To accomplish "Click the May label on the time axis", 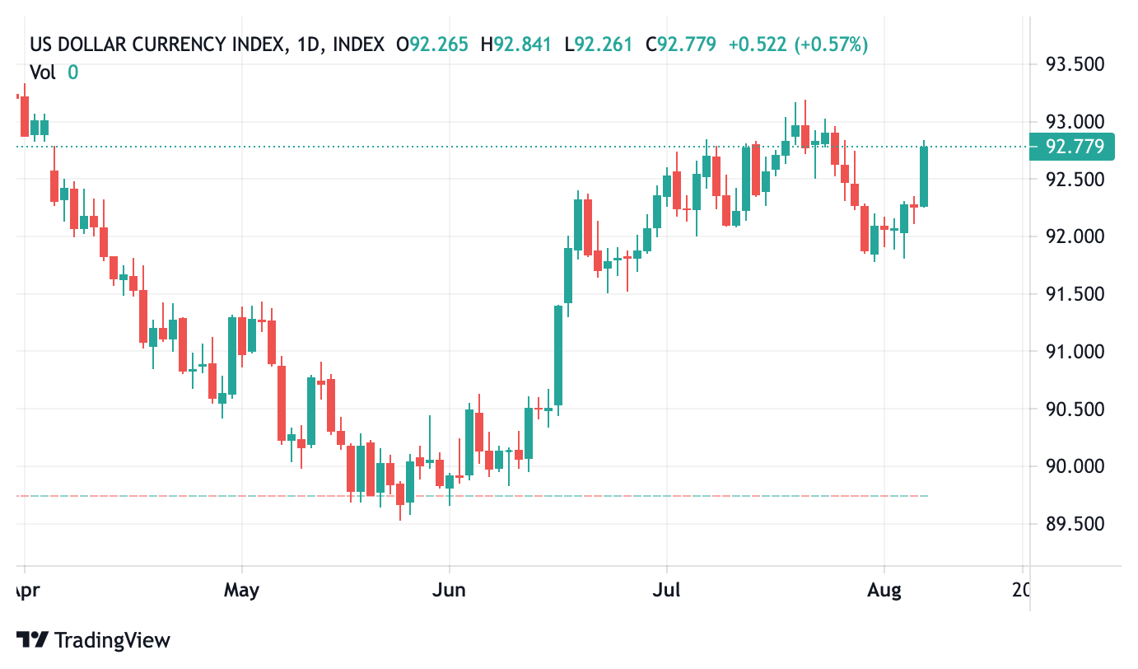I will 241,591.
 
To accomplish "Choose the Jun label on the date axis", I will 449,591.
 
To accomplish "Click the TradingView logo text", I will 112,640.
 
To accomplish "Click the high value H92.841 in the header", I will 515,44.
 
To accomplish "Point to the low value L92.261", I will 599,44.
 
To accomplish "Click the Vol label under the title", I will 43,73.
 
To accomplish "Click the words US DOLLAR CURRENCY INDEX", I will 157,44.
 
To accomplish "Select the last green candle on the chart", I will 924,176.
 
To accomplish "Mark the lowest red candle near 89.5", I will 400,494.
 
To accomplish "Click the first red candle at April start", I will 25,116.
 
